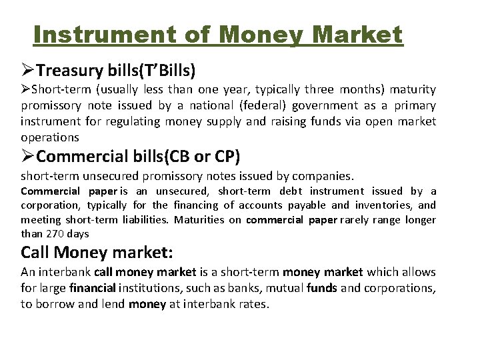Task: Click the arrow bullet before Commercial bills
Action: click(x=27, y=157)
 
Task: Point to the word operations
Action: click(x=50, y=137)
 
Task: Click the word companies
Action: click(x=326, y=176)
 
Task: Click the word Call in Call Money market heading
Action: click(x=37, y=253)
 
